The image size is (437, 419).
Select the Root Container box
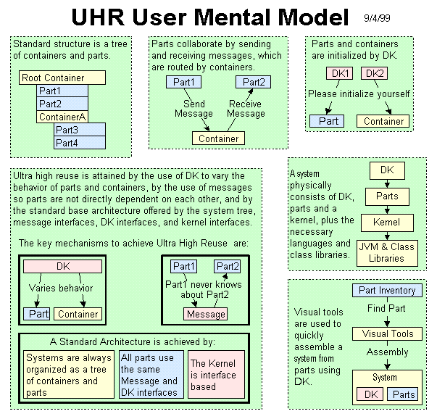pyautogui.click(x=63, y=78)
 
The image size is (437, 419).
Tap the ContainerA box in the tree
pyautogui.click(x=62, y=117)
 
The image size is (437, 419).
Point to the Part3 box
pyautogui.click(x=80, y=130)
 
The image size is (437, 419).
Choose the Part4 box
pyautogui.click(x=80, y=143)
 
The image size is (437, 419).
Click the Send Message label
pyautogui.click(x=193, y=109)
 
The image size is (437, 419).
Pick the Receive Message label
pyautogui.click(x=246, y=109)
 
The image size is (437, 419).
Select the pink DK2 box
pyautogui.click(x=374, y=74)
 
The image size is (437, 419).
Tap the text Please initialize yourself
pyautogui.click(x=359, y=94)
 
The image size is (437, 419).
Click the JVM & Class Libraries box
pyautogui.click(x=386, y=252)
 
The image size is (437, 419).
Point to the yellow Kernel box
pyautogui.click(x=386, y=223)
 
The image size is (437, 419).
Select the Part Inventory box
pyautogui.click(x=387, y=291)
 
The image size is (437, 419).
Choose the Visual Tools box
pyautogui.click(x=387, y=334)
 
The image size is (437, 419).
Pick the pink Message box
pyautogui.click(x=206, y=314)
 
